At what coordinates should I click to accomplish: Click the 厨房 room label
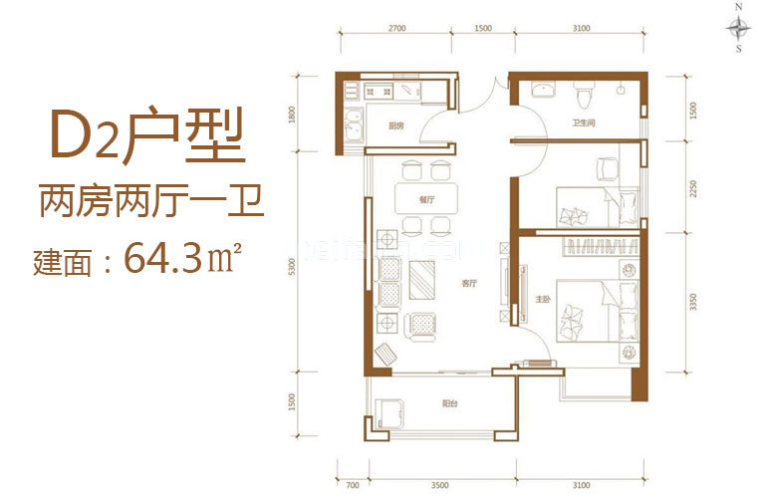coord(395,126)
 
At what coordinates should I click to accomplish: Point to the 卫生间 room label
coord(584,124)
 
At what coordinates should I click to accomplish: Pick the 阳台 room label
coord(450,404)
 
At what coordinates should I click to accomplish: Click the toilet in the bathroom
coord(585,98)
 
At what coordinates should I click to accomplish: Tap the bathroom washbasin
coord(543,93)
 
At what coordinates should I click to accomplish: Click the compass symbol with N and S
coord(738,27)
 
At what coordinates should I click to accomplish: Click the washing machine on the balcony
coord(389,412)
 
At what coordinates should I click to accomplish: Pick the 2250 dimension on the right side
coord(688,189)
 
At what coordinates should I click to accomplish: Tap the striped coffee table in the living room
coord(423,279)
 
